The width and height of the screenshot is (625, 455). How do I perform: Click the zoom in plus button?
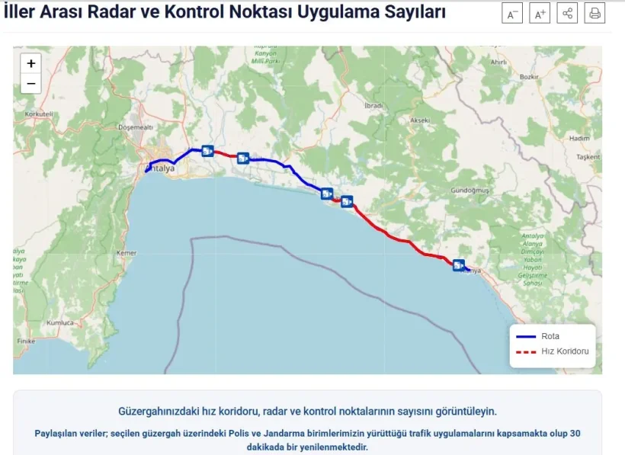coord(31,64)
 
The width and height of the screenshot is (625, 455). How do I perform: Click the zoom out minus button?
coord(31,83)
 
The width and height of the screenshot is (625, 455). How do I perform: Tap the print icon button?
coord(595,14)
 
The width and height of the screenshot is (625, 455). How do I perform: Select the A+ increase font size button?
coord(540,14)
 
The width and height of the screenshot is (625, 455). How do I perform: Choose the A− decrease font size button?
coord(512,14)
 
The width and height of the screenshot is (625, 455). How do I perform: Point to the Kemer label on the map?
coord(125,252)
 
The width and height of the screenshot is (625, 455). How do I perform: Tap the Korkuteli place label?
coord(39,114)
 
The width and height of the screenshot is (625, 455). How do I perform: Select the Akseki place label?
coord(420,120)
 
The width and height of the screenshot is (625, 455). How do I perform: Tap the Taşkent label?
coord(588,157)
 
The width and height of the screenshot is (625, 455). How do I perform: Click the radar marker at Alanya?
coord(458,265)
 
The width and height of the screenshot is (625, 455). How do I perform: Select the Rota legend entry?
coord(550,336)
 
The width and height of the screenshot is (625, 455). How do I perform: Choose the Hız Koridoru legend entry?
coord(565,351)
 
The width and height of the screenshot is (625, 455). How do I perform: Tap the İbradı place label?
coord(373,105)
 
